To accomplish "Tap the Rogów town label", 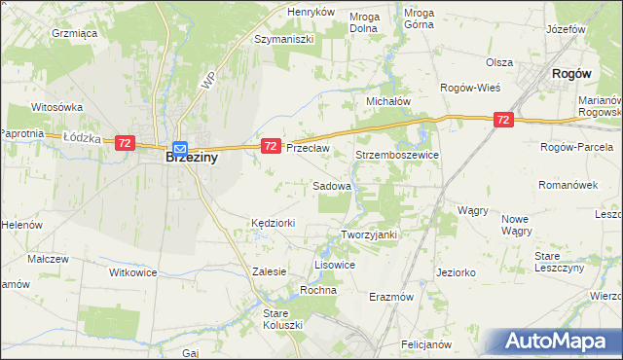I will pyautogui.click(x=571, y=73).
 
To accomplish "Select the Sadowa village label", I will pyautogui.click(x=331, y=185).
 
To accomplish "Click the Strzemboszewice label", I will pyautogui.click(x=397, y=156).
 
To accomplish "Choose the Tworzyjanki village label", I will pyautogui.click(x=369, y=234).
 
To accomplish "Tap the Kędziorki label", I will pyautogui.click(x=273, y=224).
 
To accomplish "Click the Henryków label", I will pyautogui.click(x=311, y=12).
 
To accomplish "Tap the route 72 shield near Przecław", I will pyautogui.click(x=271, y=146).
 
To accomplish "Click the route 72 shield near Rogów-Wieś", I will pyautogui.click(x=502, y=120).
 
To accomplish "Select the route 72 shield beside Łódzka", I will pyautogui.click(x=124, y=142).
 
